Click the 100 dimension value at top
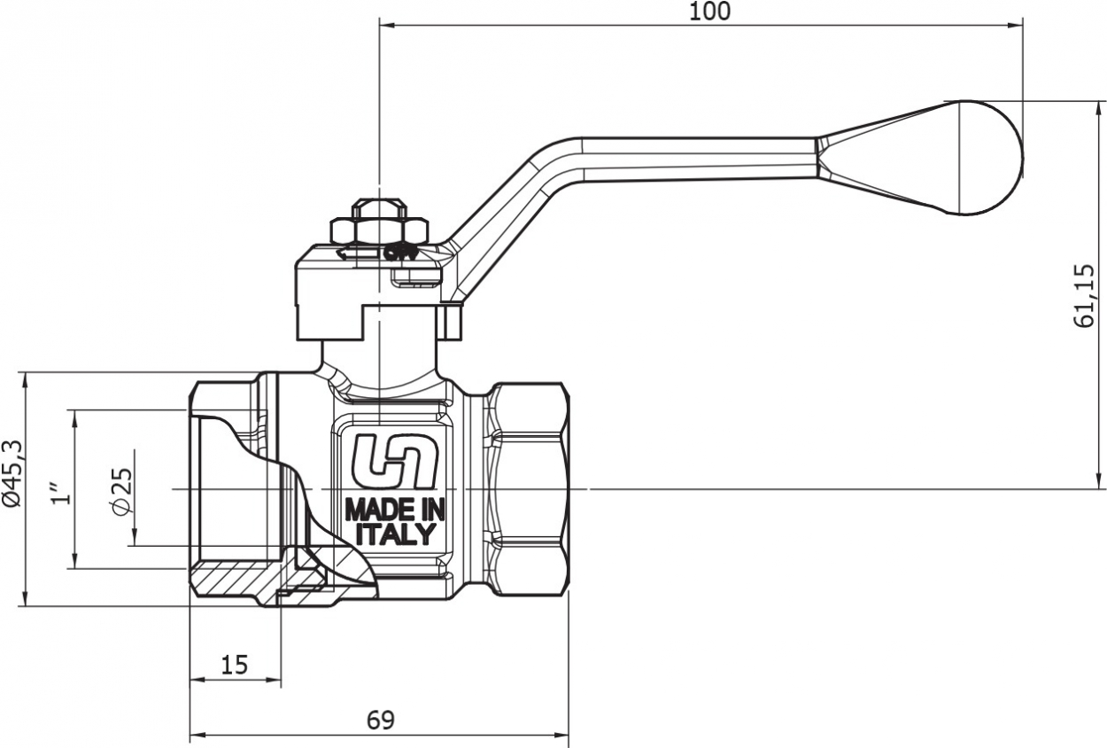709,12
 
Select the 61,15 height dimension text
1083,296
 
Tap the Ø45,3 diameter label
13,473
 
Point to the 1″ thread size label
61,492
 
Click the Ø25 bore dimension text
122,492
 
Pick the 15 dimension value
235,666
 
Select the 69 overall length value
381,721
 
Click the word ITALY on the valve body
395,534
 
